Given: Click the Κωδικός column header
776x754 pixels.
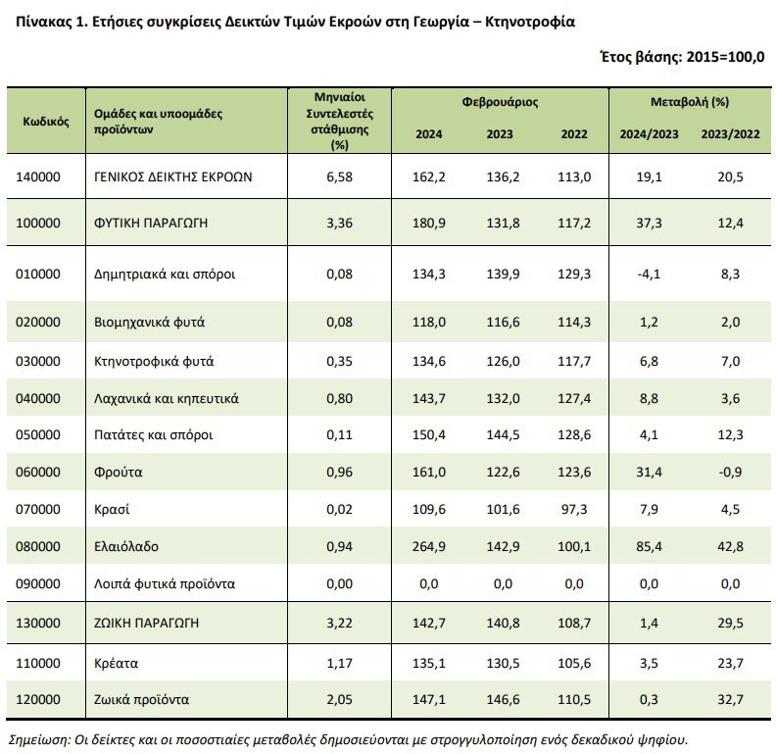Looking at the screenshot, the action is click(46, 122).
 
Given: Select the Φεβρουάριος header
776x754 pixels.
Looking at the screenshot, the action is click(500, 102).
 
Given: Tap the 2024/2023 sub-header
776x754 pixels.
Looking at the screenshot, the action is click(649, 134).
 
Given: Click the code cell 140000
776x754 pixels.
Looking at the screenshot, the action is click(38, 176).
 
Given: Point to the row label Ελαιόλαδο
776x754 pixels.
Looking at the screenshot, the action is click(126, 546).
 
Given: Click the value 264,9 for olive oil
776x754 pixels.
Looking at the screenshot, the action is click(428, 546).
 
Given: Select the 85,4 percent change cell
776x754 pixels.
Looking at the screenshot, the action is click(649, 546).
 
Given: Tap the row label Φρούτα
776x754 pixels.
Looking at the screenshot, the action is click(119, 473).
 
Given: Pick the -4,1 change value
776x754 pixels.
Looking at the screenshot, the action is click(649, 274).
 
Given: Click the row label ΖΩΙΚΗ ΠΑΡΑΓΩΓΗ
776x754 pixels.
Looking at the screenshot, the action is click(147, 623).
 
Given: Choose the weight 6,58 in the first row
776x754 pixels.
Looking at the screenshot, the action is click(339, 176).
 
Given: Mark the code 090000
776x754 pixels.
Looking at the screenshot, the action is click(38, 583).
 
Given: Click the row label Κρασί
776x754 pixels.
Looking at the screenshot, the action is click(112, 509).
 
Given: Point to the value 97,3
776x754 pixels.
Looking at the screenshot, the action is click(574, 509).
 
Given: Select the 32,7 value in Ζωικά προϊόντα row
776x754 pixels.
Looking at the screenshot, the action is click(731, 699).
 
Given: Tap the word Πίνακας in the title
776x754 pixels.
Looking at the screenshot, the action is click(44, 23).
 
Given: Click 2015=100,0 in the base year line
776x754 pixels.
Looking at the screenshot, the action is click(725, 57).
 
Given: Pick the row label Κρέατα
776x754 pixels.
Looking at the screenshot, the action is click(116, 663).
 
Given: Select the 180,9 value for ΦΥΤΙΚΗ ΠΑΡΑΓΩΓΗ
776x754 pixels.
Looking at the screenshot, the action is click(428, 223).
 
